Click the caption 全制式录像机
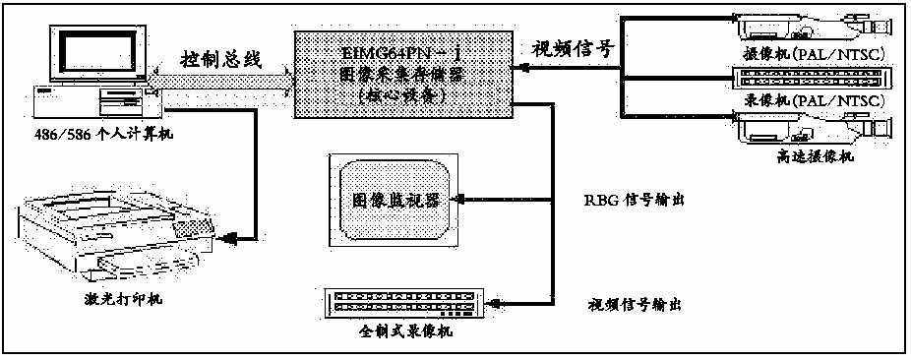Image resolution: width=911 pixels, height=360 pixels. tap(405, 331)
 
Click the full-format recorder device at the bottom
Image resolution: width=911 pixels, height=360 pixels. tap(403, 303)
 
